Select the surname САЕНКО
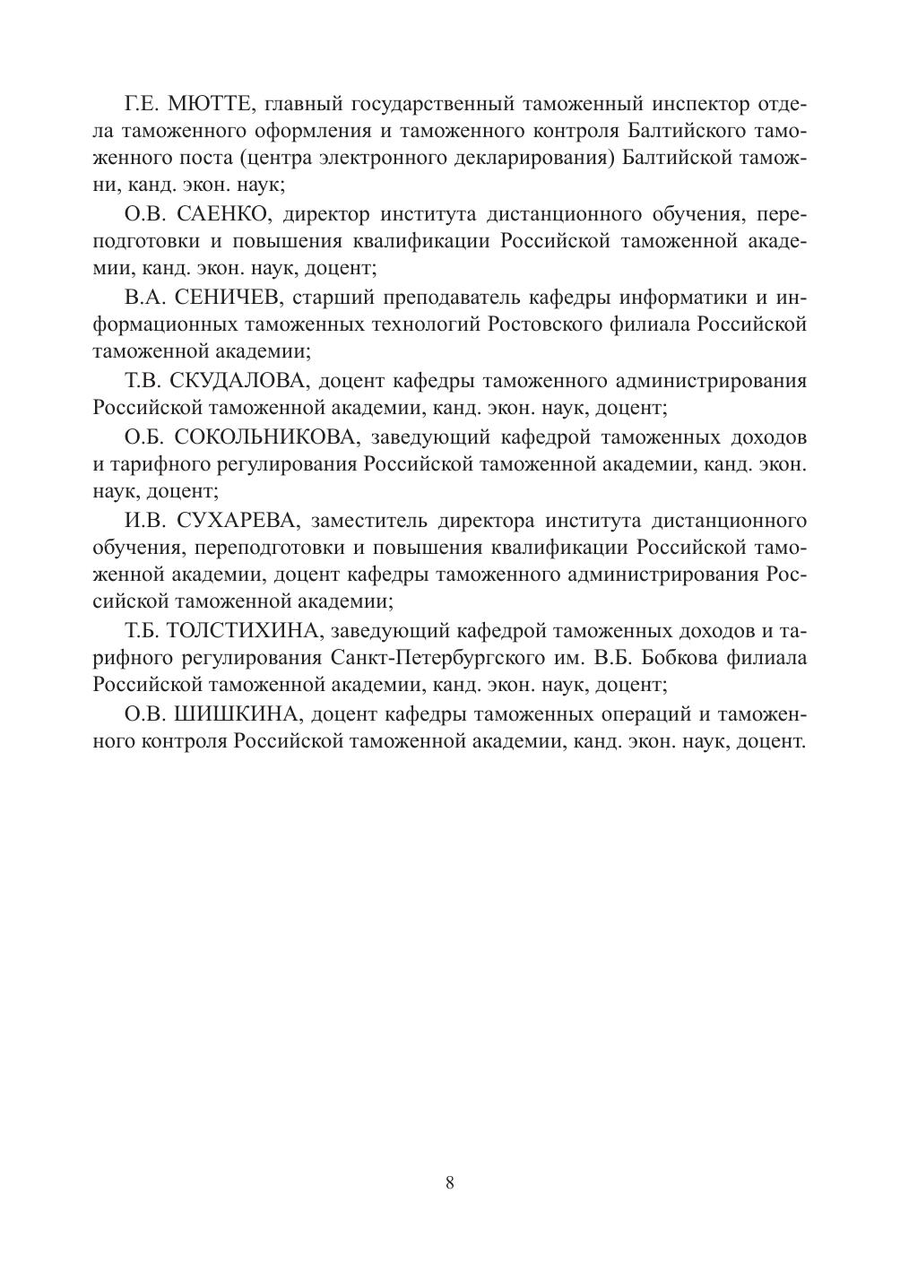tap(218, 215)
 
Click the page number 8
tap(450, 1182)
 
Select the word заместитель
tap(368, 520)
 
